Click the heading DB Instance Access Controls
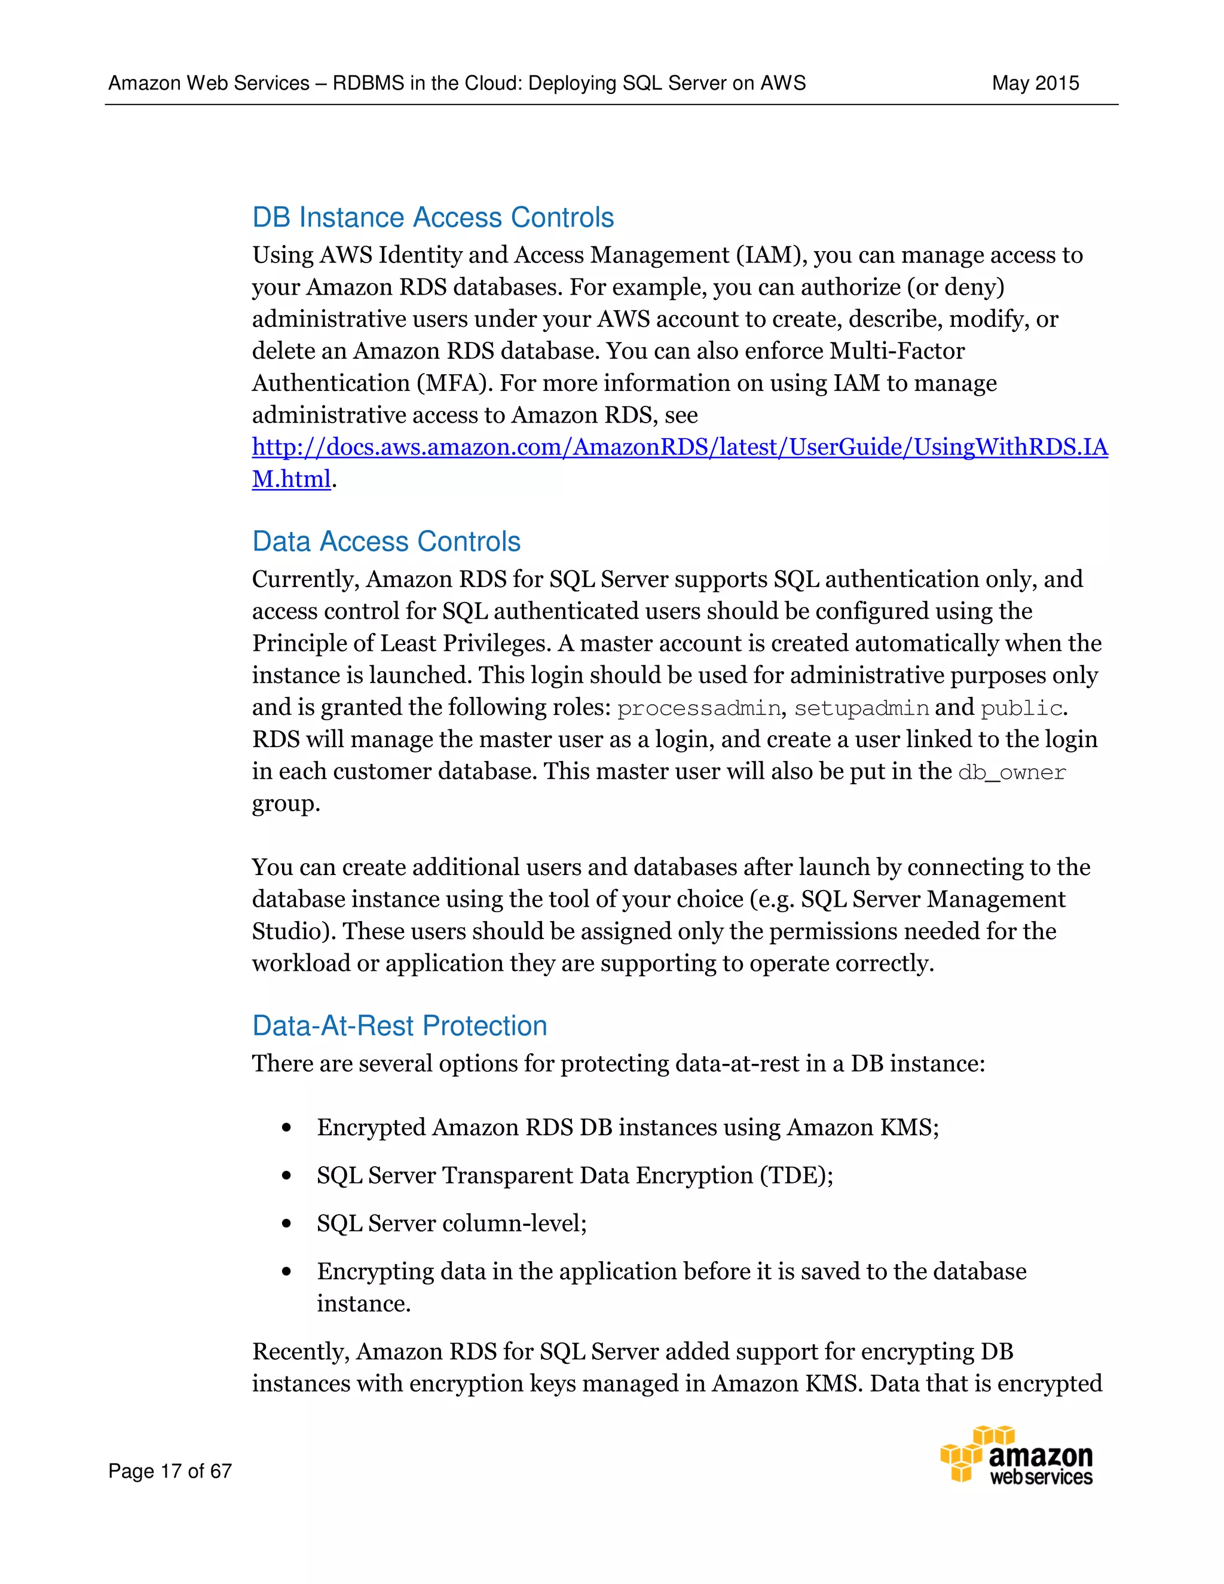tap(432, 218)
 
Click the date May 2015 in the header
tap(1035, 84)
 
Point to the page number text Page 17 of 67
tap(170, 1471)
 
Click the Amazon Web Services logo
tap(1017, 1455)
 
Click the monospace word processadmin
tap(698, 708)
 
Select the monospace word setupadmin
tap(861, 708)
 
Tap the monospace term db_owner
tap(1012, 772)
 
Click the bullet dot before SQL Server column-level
tap(287, 1224)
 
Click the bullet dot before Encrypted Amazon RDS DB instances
tap(287, 1128)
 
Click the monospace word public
tap(1021, 708)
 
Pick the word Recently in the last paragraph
tap(301, 1352)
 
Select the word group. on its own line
tap(286, 803)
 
